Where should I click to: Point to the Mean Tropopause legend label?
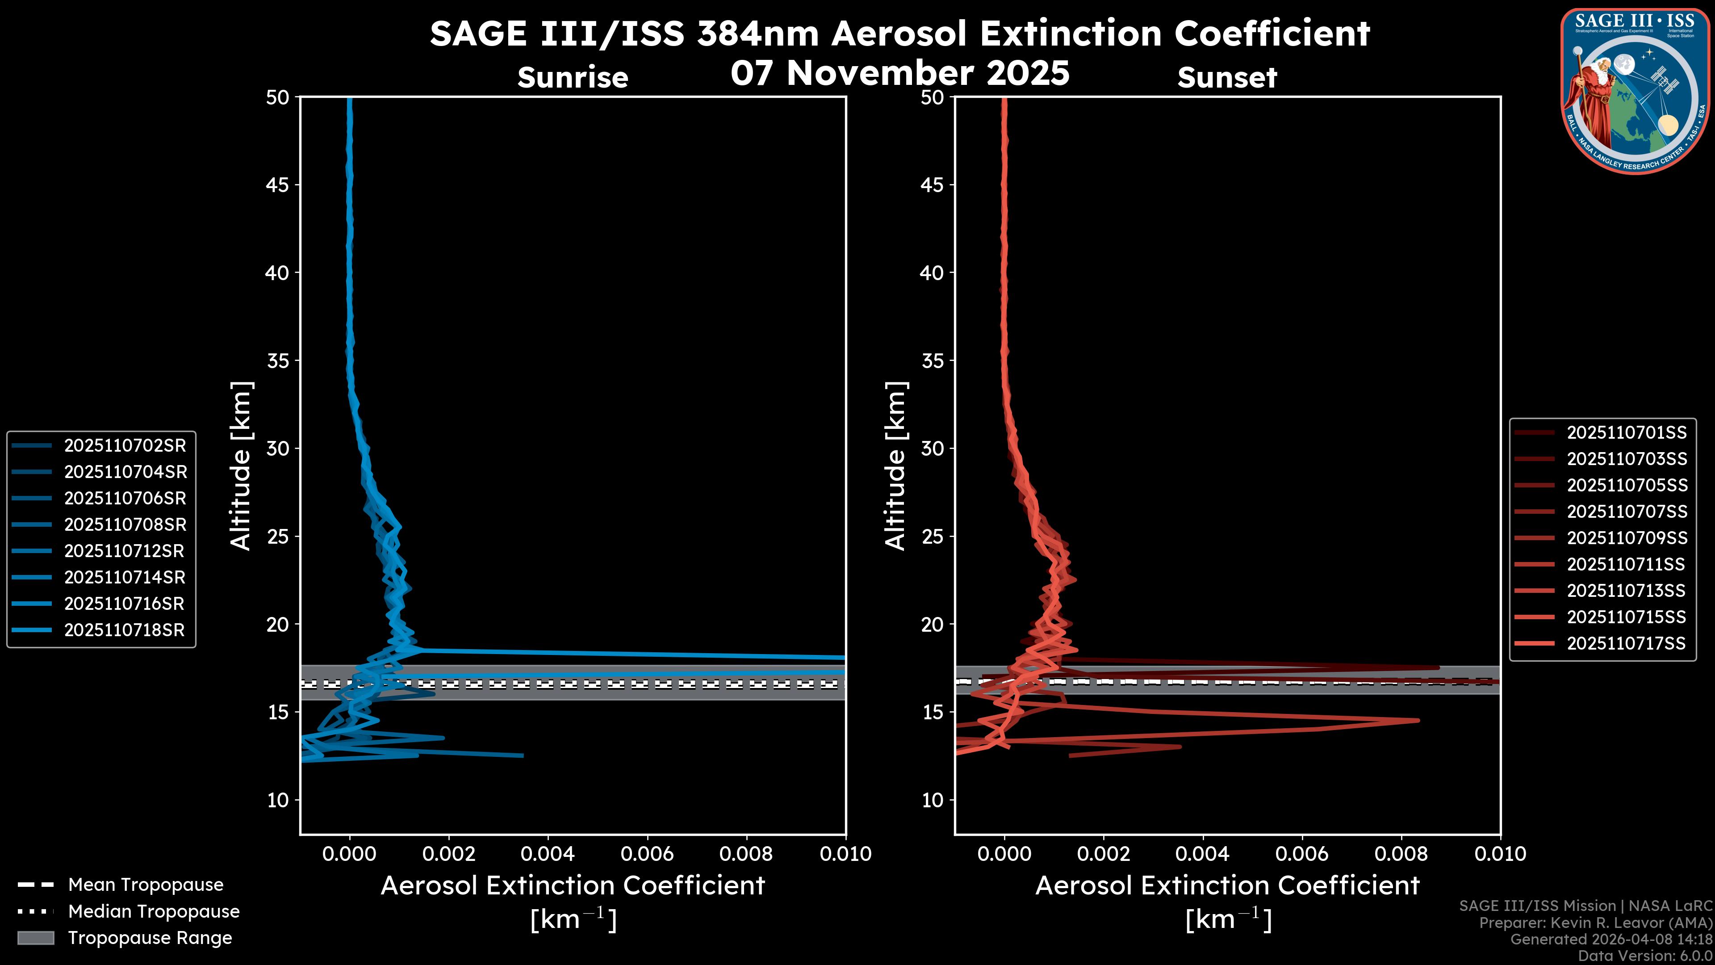(x=146, y=885)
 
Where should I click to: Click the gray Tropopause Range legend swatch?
(x=35, y=938)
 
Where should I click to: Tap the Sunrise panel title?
(x=573, y=78)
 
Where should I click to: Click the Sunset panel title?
(x=1227, y=78)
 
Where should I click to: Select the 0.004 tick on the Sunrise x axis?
(x=547, y=854)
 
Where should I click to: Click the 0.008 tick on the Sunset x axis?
(x=1401, y=854)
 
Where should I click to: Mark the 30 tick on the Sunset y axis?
(x=932, y=448)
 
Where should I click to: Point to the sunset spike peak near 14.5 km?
(x=1418, y=720)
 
